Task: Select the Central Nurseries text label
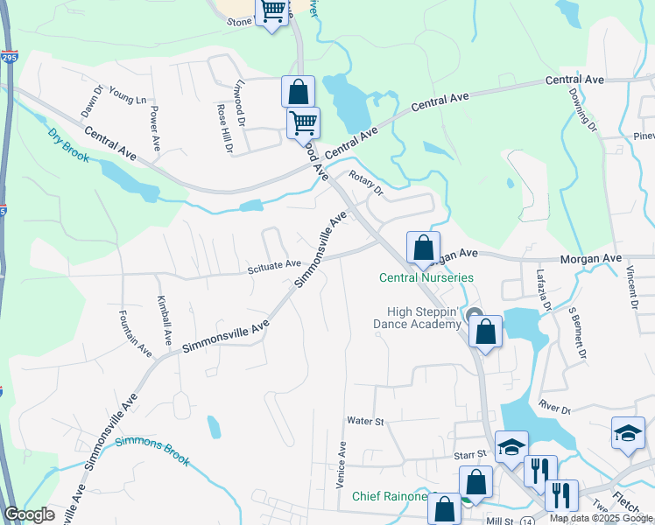(x=426, y=277)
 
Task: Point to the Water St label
(x=365, y=421)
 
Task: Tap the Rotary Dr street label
(x=366, y=184)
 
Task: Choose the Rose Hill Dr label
(x=224, y=128)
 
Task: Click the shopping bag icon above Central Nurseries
(x=423, y=248)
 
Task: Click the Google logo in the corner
(x=29, y=514)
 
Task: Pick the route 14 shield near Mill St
(x=526, y=521)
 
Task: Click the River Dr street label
(x=555, y=409)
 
